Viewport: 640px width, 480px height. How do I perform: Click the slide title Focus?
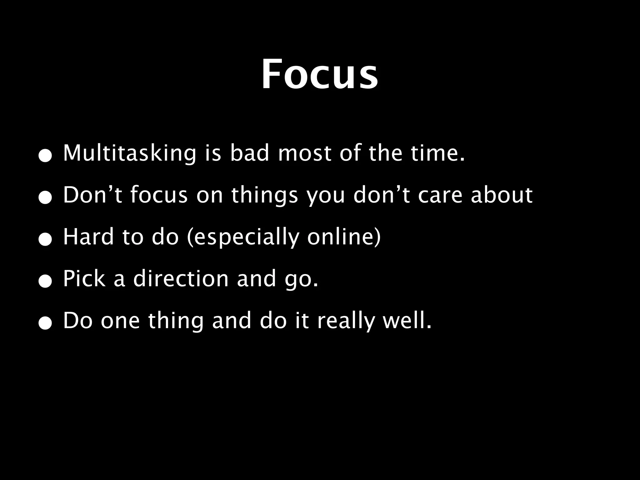(x=319, y=74)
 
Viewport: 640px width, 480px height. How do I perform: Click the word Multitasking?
(x=129, y=153)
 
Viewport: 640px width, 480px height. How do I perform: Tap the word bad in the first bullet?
(x=249, y=153)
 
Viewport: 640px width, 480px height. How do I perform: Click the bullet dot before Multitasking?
(x=45, y=157)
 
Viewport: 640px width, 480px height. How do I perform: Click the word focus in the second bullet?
(x=159, y=195)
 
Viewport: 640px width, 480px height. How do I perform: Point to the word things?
(x=264, y=196)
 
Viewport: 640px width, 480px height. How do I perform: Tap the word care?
(x=440, y=196)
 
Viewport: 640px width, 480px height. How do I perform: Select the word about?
(x=501, y=195)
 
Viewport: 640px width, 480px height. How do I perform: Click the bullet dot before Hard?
(x=45, y=241)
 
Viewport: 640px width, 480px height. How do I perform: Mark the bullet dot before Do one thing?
(x=45, y=324)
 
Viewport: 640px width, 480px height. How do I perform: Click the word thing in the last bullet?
(x=176, y=321)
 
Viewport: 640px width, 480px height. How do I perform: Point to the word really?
(x=346, y=321)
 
